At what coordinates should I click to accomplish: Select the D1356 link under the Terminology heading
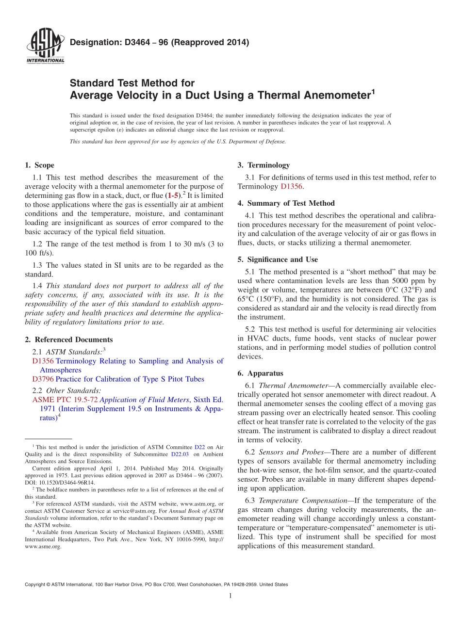tap(292, 186)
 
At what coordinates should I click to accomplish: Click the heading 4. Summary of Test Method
tap(286, 203)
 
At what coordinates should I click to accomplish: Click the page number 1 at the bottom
tap(230, 596)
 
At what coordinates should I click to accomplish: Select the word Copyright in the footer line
tap(36, 585)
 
